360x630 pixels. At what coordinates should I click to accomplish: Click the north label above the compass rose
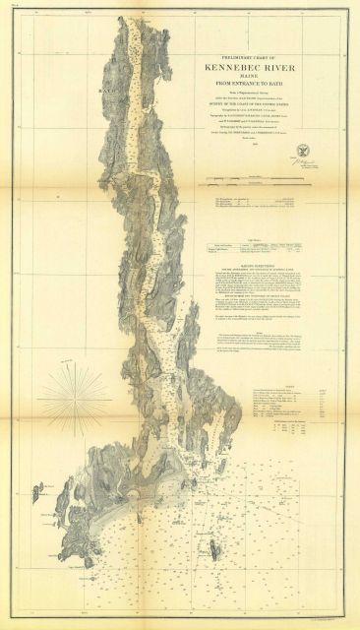[71, 359]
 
